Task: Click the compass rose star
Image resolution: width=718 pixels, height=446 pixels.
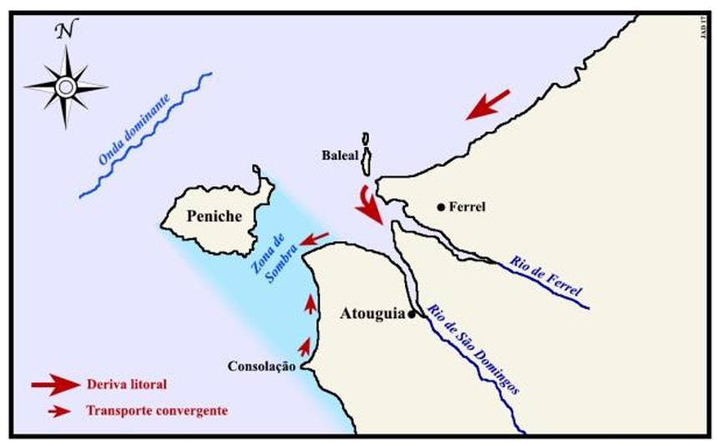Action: click(x=66, y=86)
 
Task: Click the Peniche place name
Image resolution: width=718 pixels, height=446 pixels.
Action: click(x=215, y=216)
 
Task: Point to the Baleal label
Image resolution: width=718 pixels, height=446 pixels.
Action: click(x=340, y=155)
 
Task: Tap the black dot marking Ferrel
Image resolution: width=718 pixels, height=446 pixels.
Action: click(x=441, y=206)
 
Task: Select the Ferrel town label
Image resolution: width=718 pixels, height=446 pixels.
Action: click(x=468, y=206)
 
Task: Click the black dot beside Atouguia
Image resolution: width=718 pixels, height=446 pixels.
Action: click(x=412, y=314)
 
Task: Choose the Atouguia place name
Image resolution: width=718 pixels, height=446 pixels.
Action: click(x=372, y=315)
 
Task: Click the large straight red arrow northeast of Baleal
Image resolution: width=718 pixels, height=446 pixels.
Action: click(x=488, y=104)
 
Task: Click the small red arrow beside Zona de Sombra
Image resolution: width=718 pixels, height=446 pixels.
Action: click(x=314, y=240)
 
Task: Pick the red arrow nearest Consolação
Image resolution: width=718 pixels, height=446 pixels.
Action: click(x=306, y=346)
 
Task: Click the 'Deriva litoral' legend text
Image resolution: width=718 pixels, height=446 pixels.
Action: click(x=126, y=385)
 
